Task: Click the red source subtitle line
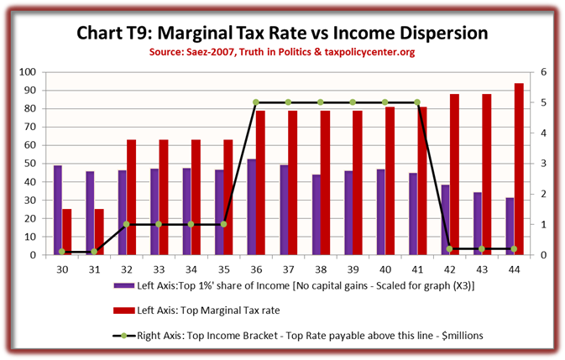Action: click(x=282, y=53)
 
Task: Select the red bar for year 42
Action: click(x=454, y=175)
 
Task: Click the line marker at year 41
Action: click(x=417, y=102)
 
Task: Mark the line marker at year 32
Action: click(x=127, y=224)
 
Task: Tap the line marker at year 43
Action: click(x=482, y=248)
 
